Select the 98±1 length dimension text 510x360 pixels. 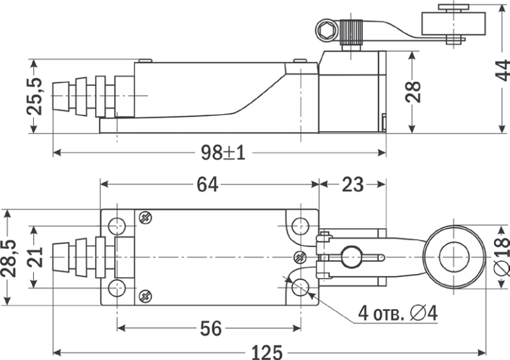223,153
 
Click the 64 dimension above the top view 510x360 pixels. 207,185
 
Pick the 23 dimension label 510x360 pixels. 352,185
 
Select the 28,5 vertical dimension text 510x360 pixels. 10,257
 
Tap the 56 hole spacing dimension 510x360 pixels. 210,329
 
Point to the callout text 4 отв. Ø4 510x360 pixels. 397,313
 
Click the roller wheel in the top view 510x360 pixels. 455,257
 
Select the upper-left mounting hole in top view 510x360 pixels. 116,226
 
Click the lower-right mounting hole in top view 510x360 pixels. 300,288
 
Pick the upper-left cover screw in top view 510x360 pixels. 145,218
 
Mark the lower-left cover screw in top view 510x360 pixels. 145,296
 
